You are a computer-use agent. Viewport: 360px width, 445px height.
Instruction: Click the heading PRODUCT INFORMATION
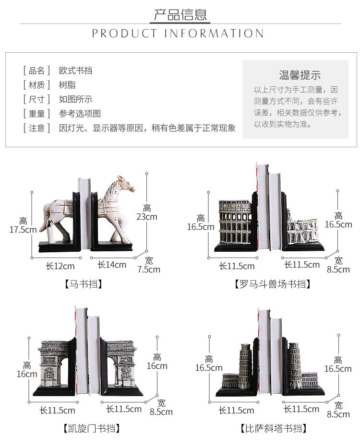[x=178, y=34]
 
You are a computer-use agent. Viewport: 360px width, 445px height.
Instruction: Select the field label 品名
[x=36, y=70]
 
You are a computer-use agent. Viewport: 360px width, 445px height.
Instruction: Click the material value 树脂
[x=67, y=85]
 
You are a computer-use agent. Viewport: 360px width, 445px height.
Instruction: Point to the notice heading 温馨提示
[x=300, y=75]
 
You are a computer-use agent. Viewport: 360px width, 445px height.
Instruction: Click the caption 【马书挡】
[x=83, y=284]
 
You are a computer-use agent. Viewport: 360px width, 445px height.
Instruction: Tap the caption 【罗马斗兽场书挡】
[x=272, y=284]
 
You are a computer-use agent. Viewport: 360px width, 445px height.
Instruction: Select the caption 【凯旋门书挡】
[x=91, y=428]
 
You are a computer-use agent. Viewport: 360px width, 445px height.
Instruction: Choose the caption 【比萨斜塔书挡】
[x=273, y=428]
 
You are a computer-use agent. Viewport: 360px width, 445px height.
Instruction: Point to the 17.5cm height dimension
[x=23, y=225]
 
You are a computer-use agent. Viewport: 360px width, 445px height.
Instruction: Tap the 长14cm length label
[x=112, y=265]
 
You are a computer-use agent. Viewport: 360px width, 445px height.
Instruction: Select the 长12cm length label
[x=60, y=266]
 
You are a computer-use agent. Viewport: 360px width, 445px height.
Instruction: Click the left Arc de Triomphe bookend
[x=54, y=364]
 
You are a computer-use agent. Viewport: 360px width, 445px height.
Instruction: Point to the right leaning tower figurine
[x=294, y=364]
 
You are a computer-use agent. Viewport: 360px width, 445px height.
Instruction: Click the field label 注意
[x=36, y=128]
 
